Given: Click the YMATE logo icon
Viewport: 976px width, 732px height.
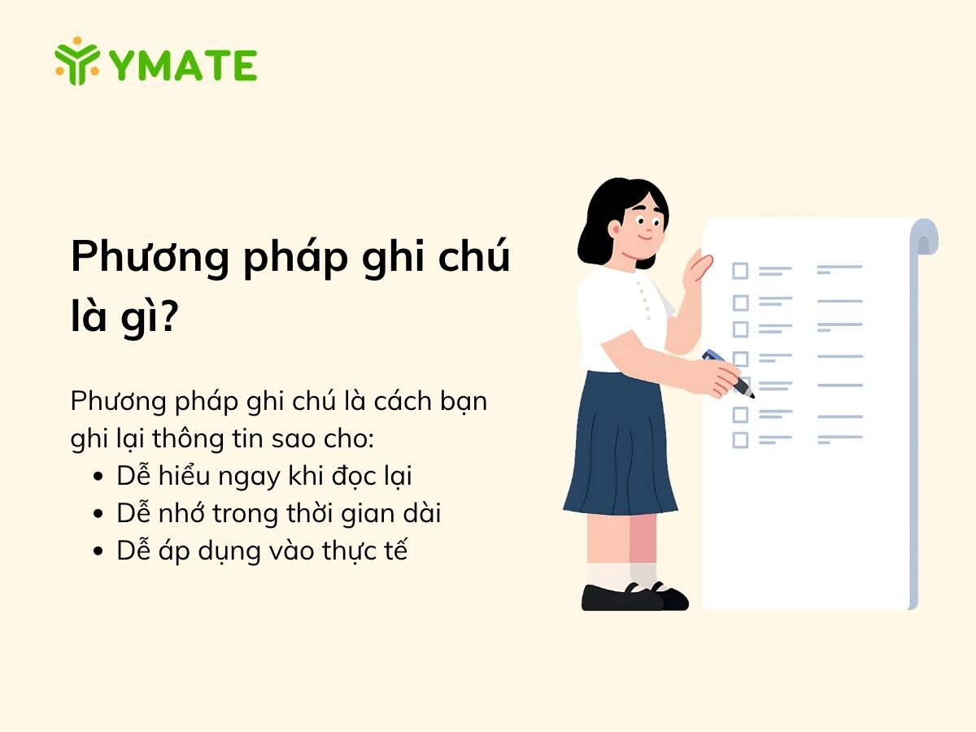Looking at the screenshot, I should coord(77,61).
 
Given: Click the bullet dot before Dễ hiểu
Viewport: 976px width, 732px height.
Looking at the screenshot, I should coord(98,477).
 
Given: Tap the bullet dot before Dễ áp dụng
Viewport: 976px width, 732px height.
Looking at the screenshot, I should coord(98,551).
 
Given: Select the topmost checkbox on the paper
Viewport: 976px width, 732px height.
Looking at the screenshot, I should coord(740,270).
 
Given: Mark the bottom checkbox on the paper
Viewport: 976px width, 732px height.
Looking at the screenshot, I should coord(740,440).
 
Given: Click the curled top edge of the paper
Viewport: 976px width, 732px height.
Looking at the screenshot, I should coord(925,236).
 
